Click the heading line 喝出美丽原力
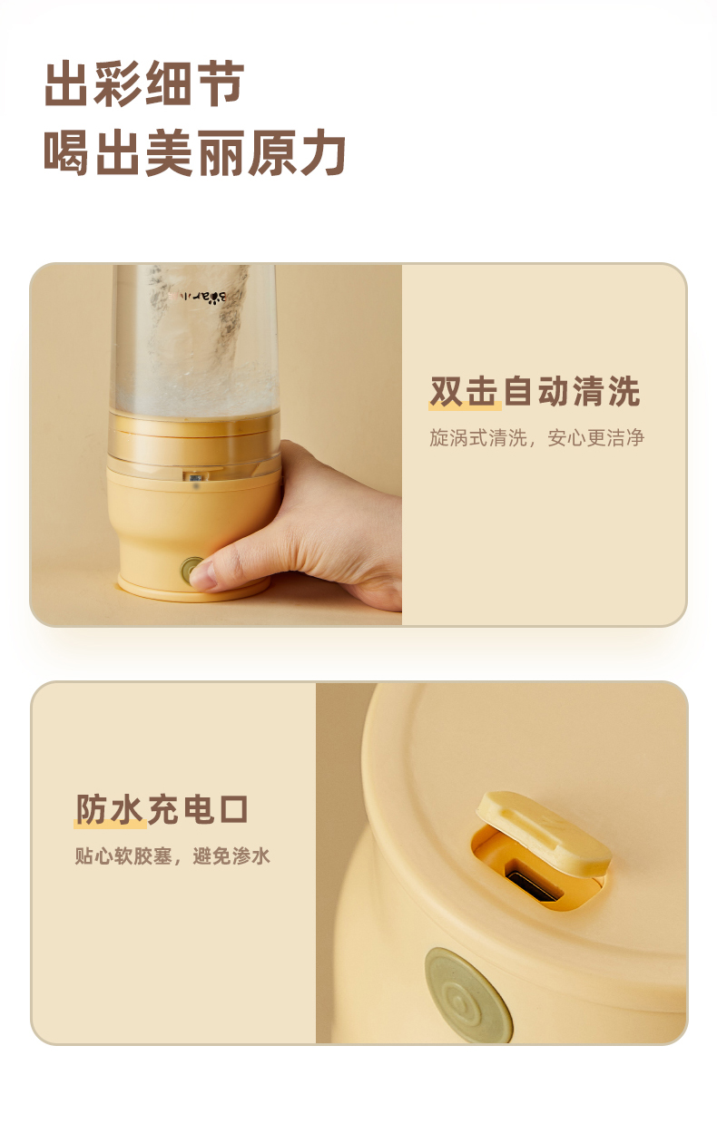195,152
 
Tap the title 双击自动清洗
535,391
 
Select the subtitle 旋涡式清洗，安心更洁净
536,438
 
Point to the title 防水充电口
162,809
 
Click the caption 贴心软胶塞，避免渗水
172,855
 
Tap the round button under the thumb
192,571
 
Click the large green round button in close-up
468,993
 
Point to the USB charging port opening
525,882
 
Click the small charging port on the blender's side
193,475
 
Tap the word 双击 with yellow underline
464,391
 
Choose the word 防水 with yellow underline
110,809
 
